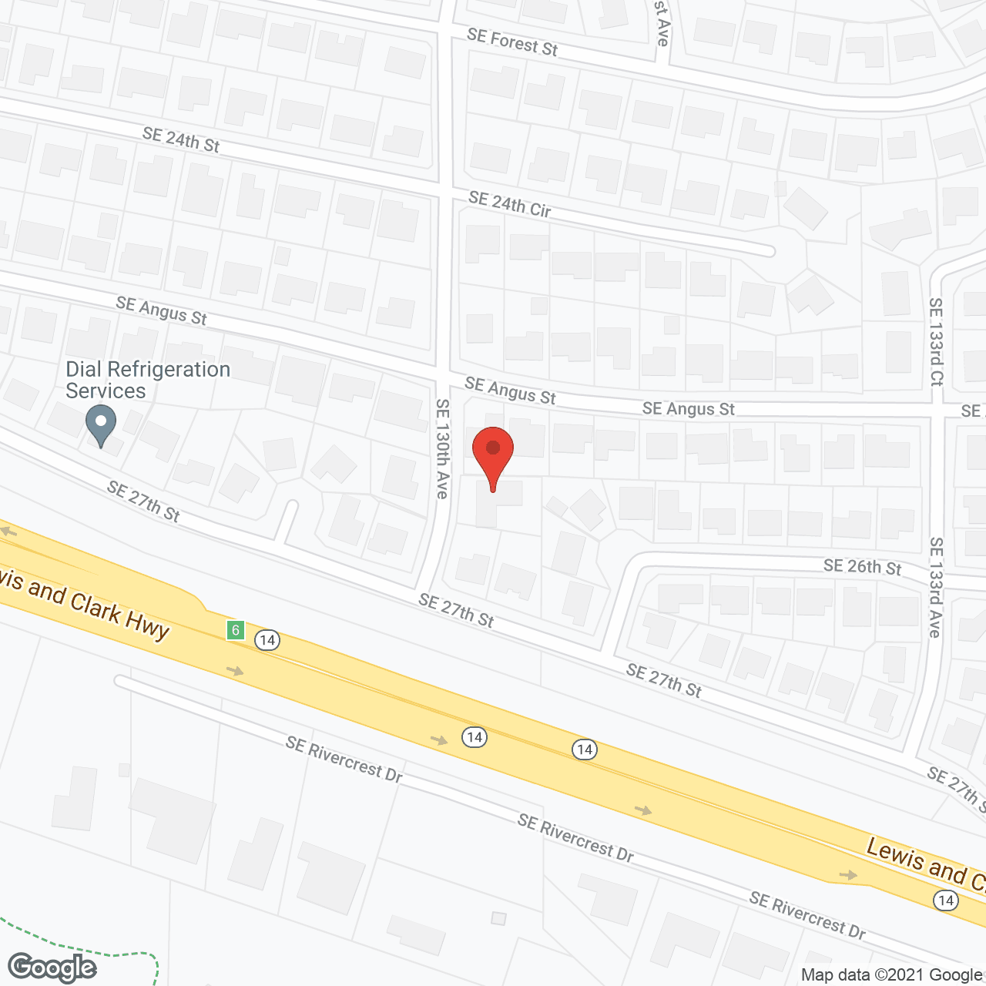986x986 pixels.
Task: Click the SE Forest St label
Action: [x=512, y=42]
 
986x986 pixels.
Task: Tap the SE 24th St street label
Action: [x=181, y=139]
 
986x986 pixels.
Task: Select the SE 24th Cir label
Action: [x=509, y=204]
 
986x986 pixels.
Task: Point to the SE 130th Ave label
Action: [x=442, y=448]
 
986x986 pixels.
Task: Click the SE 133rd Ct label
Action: [x=936, y=341]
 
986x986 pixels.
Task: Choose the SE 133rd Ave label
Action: [x=935, y=587]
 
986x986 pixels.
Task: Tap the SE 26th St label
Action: [x=862, y=567]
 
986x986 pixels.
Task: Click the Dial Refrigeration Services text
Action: [x=148, y=380]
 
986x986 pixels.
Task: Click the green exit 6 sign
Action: [x=236, y=630]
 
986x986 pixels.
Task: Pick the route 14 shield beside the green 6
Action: [x=267, y=640]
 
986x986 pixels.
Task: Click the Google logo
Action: [x=52, y=968]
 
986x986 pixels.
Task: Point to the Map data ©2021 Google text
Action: [x=891, y=975]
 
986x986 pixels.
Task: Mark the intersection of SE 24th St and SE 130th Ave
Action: [x=444, y=189]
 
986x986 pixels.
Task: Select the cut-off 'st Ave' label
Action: [x=662, y=23]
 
